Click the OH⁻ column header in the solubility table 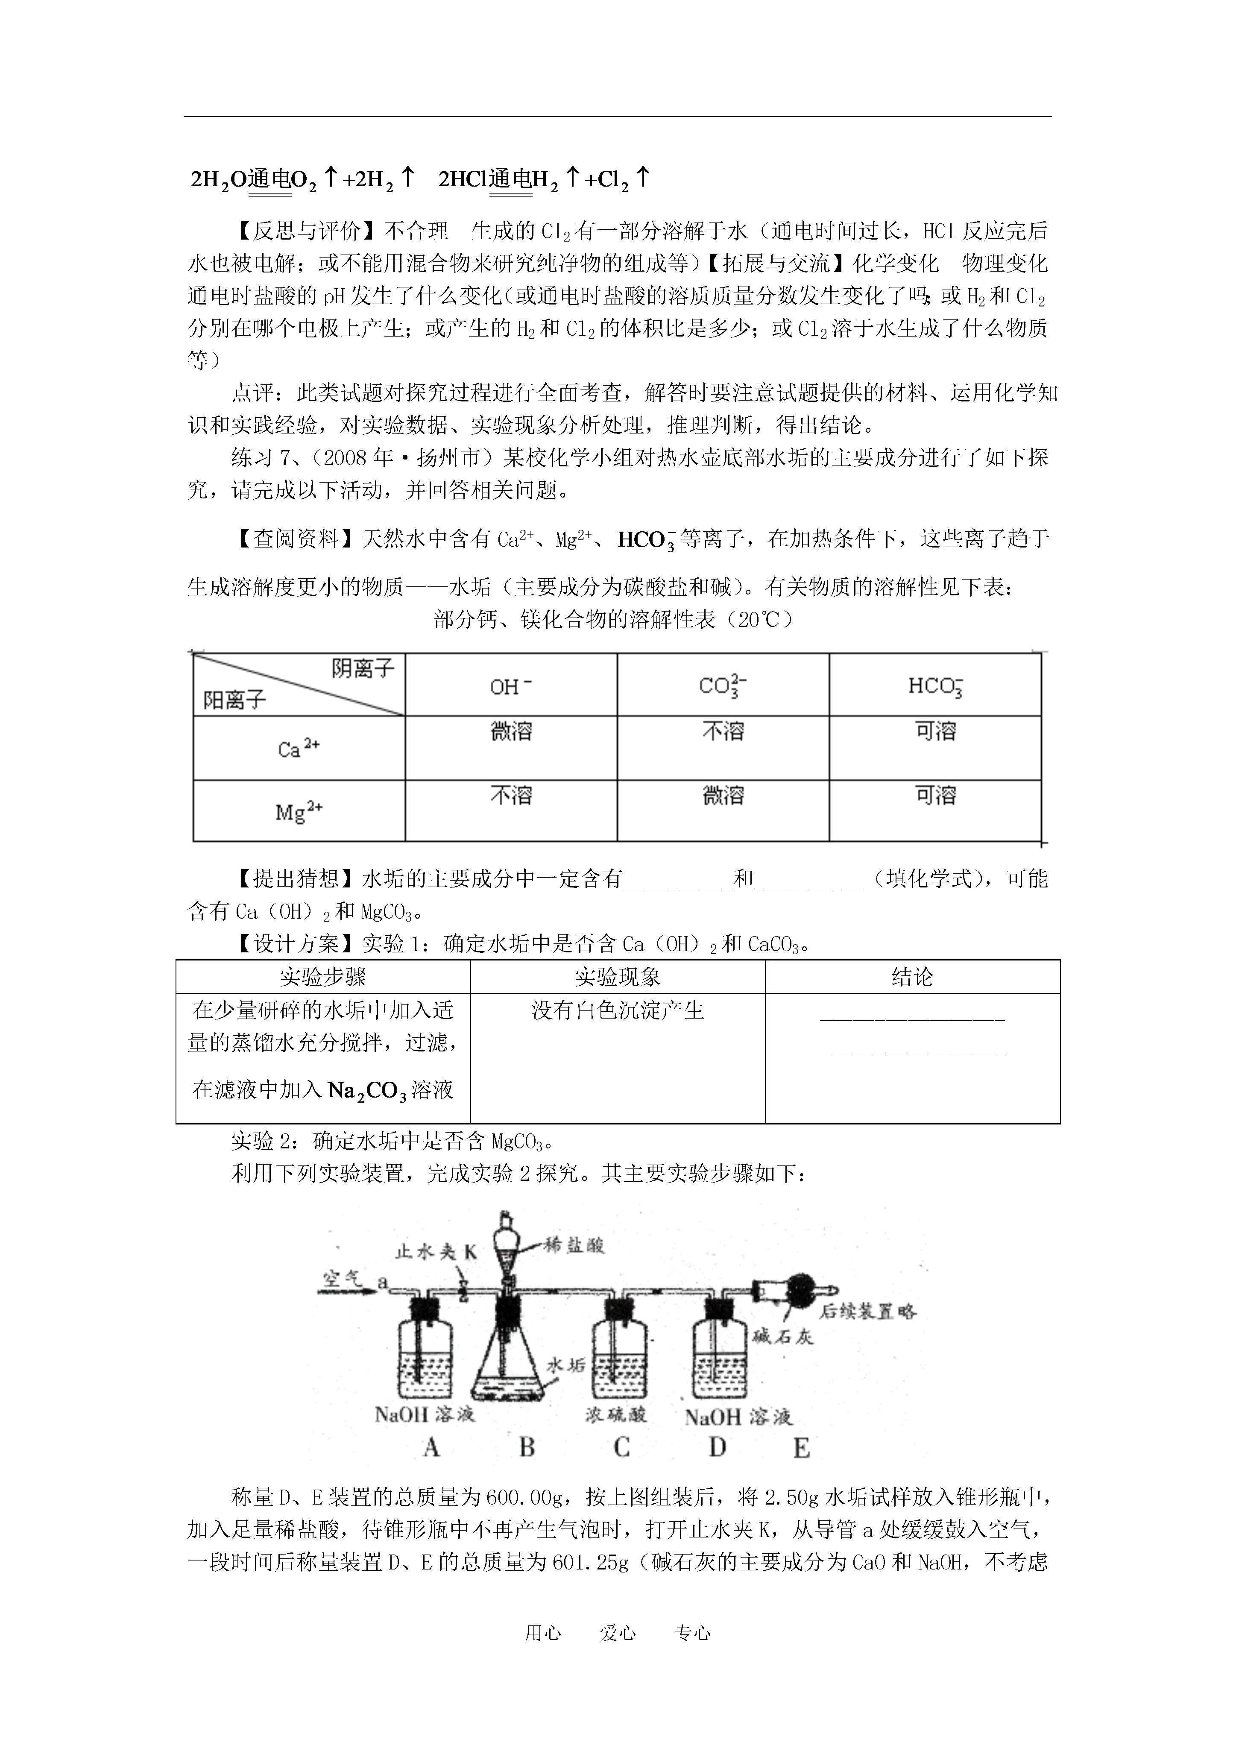pos(510,687)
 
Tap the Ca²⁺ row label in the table pos(299,749)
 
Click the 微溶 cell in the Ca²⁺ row pos(511,732)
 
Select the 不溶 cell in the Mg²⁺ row pos(511,796)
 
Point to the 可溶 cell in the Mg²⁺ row pos(935,796)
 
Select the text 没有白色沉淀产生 pos(618,1010)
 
